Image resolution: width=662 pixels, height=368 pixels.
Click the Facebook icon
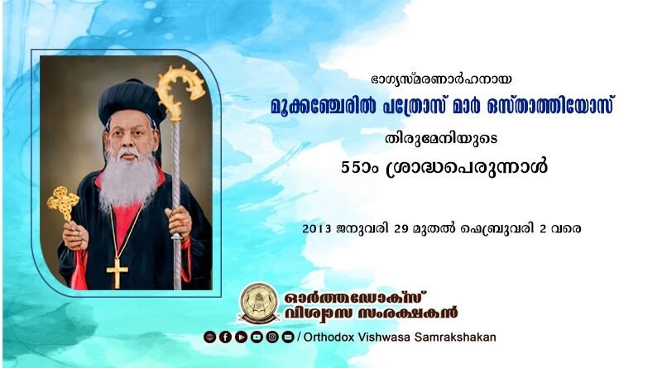225,337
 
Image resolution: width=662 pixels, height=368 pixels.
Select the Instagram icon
272,337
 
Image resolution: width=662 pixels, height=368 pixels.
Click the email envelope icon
288,337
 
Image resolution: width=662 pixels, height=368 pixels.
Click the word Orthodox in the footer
329,337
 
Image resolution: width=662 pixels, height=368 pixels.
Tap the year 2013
317,229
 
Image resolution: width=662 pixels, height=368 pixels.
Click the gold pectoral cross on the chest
117,273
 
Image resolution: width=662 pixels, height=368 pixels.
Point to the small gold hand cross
63,203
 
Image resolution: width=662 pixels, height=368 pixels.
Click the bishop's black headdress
132,102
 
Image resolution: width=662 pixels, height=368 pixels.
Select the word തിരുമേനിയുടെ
441,138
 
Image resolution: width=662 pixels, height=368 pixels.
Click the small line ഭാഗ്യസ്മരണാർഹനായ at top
441,79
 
